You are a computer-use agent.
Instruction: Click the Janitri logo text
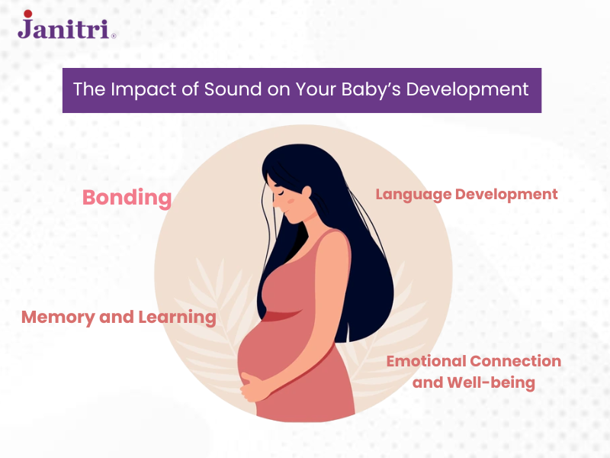point(66,28)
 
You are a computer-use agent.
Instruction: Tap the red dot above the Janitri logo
point(27,14)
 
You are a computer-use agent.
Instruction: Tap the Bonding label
point(127,198)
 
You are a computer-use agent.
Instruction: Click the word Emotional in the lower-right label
point(425,361)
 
